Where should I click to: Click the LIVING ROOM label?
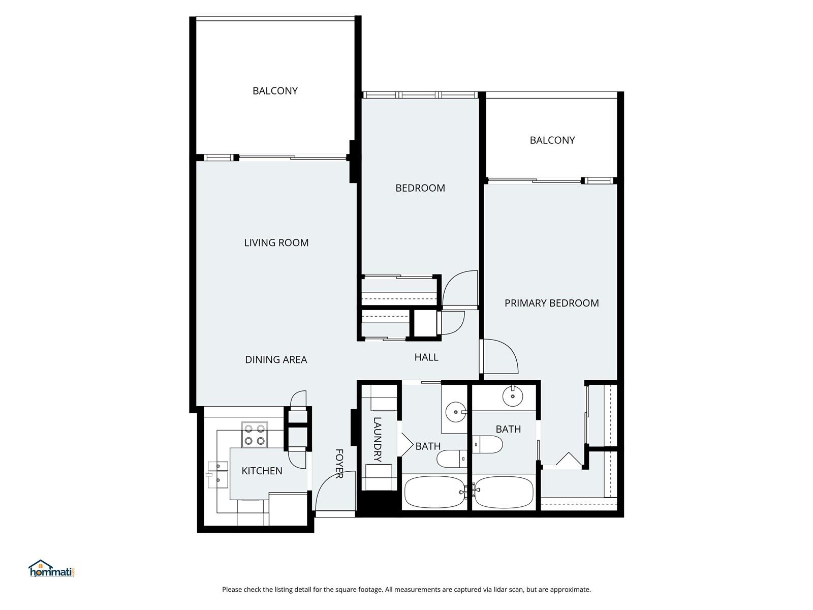[276, 242]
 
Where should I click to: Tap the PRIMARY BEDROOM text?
[551, 303]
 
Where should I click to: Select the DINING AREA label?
[276, 359]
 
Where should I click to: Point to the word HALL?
[426, 357]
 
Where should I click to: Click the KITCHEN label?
[262, 471]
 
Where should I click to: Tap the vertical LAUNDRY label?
[377, 439]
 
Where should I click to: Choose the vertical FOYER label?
[339, 463]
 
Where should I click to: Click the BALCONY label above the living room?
[275, 90]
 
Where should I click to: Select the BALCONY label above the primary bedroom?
[552, 140]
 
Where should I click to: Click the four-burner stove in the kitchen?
[254, 435]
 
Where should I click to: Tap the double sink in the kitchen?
[218, 473]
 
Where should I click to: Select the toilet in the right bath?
[488, 444]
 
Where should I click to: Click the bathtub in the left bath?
[433, 492]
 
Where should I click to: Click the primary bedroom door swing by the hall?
[501, 356]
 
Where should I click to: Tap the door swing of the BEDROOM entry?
[460, 290]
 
